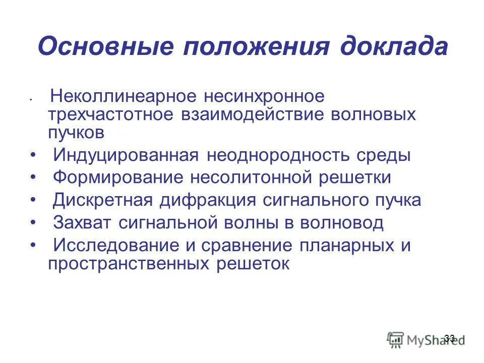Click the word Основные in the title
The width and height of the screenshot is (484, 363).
(x=105, y=47)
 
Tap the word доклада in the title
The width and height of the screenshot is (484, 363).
(x=393, y=47)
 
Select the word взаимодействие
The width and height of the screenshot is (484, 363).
(x=252, y=114)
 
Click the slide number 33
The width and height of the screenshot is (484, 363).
(x=450, y=338)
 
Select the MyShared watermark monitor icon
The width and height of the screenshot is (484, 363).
(x=396, y=339)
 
